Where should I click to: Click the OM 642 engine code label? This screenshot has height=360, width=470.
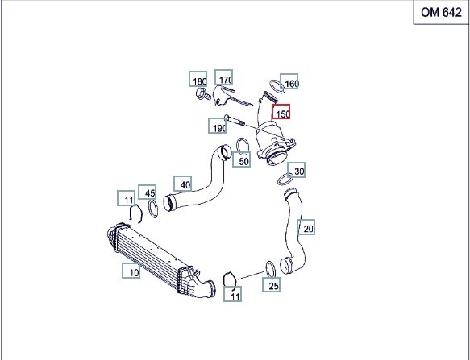[x=441, y=12]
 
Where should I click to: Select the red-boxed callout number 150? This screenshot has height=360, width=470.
[x=281, y=111]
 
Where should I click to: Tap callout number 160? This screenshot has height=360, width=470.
[x=289, y=81]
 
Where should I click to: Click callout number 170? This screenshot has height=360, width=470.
[x=224, y=77]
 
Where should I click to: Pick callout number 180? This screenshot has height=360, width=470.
[x=198, y=79]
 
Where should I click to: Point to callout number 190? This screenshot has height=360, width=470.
[x=218, y=126]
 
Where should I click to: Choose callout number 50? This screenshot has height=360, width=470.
[x=242, y=159]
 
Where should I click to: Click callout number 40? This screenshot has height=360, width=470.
[x=182, y=184]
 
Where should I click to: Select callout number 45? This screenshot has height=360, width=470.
[x=148, y=192]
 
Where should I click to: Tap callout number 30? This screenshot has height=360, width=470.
[x=297, y=170]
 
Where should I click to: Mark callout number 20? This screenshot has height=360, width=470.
[x=306, y=227]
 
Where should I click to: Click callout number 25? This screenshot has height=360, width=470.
[x=271, y=284]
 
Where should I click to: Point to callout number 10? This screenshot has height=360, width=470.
[x=131, y=271]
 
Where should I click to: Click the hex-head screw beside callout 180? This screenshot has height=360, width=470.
[x=203, y=93]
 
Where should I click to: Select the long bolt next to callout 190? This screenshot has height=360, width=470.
[x=235, y=120]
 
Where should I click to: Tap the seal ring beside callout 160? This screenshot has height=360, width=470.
[x=277, y=86]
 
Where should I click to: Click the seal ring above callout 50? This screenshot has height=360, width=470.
[x=243, y=147]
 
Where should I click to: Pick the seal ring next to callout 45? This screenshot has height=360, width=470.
[x=153, y=209]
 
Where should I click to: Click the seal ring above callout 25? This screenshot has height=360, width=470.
[x=271, y=270]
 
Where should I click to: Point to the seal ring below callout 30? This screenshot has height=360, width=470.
[x=285, y=180]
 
